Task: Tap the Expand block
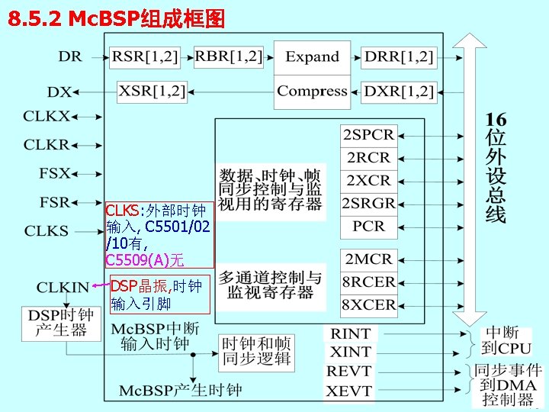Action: click(312, 57)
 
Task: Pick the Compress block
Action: click(312, 91)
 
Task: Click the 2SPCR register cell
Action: click(369, 135)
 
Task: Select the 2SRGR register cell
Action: click(369, 203)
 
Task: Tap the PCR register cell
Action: click(369, 226)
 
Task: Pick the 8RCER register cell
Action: click(369, 282)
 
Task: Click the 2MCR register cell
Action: click(369, 259)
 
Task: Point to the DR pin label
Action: click(70, 56)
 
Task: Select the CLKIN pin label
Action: click(63, 288)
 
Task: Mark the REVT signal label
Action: click(349, 372)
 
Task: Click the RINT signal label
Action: click(350, 333)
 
